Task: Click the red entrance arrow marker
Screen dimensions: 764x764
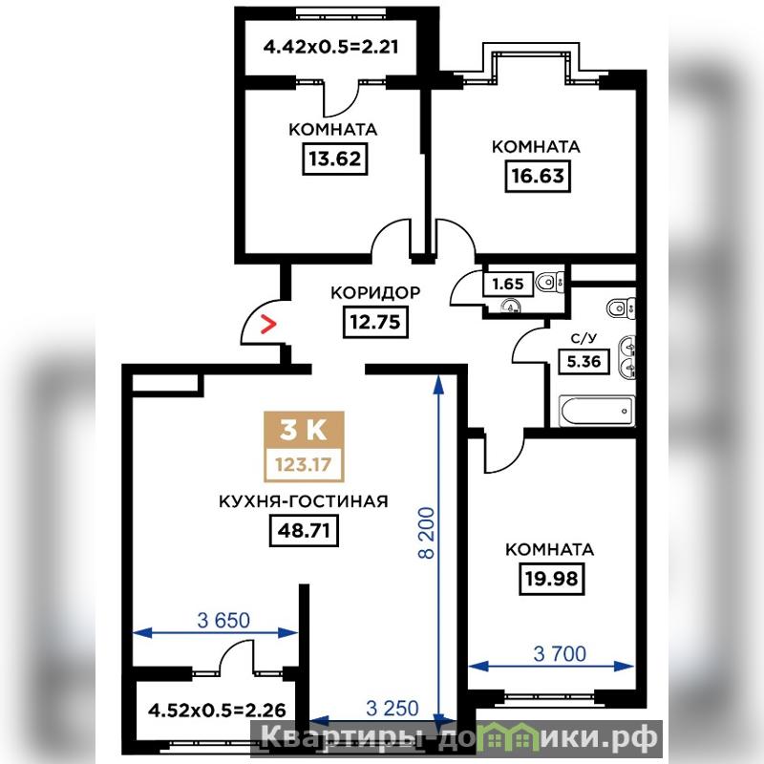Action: point(268,324)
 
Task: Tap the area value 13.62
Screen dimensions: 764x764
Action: point(335,159)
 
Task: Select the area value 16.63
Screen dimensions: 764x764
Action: point(538,176)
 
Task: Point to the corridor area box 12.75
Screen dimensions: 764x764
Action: point(375,322)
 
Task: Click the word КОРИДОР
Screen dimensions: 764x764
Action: point(375,292)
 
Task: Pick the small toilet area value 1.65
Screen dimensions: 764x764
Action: point(508,284)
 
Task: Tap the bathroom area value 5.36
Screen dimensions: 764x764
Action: point(584,362)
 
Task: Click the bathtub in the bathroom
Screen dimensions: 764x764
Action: point(598,411)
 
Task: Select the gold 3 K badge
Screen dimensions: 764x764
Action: point(304,431)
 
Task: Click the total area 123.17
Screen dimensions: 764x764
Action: point(304,464)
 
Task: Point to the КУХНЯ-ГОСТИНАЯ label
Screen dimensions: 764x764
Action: point(303,500)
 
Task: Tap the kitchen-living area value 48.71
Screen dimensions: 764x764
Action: point(304,530)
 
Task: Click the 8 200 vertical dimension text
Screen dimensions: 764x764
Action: point(426,533)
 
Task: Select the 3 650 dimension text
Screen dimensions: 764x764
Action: point(223,620)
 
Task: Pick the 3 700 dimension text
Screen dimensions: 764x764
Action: point(560,654)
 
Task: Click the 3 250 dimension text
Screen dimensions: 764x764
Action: point(393,708)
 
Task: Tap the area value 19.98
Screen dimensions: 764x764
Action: point(552,579)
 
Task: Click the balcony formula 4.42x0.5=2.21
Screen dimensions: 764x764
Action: point(330,47)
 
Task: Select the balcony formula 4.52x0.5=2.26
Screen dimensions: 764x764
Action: point(217,710)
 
